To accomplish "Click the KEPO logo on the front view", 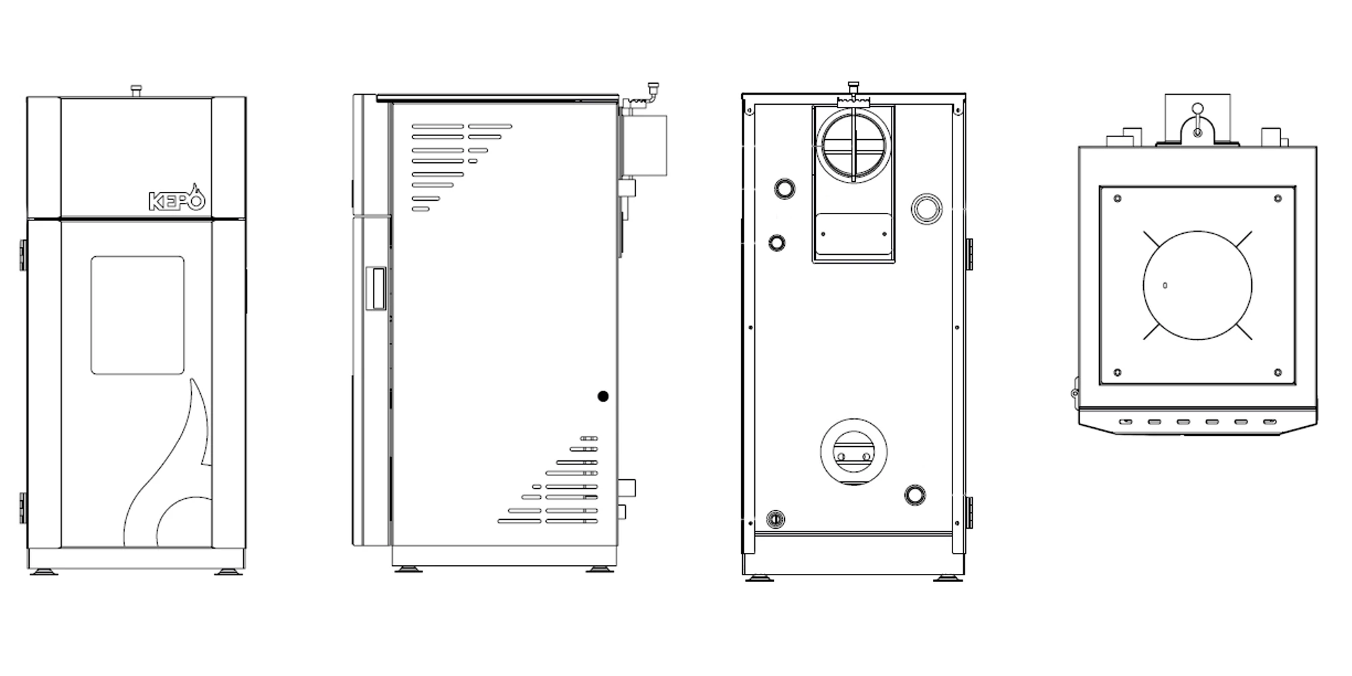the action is [176, 199].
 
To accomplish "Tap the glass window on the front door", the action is [137, 315].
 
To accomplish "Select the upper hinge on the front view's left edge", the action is [23, 255].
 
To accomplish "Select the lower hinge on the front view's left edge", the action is [23, 508].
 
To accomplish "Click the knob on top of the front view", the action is [137, 91].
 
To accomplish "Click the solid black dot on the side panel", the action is [603, 397].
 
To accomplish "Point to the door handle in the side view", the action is [375, 289].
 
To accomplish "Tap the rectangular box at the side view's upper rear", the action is [644, 145].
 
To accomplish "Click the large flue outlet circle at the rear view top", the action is [854, 145].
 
